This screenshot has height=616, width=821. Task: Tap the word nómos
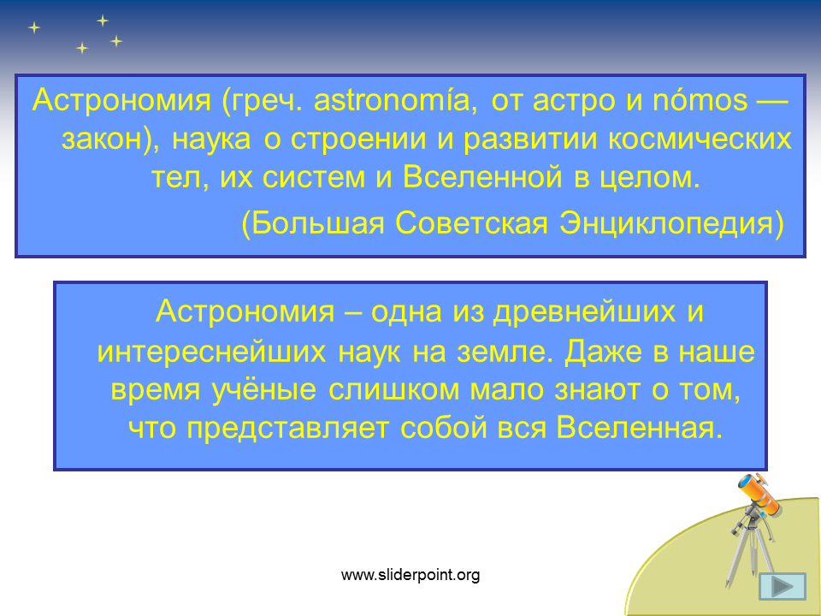(x=700, y=100)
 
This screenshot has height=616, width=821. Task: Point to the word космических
(x=700, y=139)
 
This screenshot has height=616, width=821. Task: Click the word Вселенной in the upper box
(x=482, y=178)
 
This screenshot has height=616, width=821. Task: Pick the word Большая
(x=318, y=223)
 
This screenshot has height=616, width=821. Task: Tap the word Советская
(x=471, y=223)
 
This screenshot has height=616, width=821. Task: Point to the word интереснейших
(x=211, y=352)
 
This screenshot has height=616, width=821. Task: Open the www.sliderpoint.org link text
(x=410, y=575)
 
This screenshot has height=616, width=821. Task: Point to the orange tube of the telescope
(x=761, y=494)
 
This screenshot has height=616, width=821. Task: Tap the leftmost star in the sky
(x=34, y=27)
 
